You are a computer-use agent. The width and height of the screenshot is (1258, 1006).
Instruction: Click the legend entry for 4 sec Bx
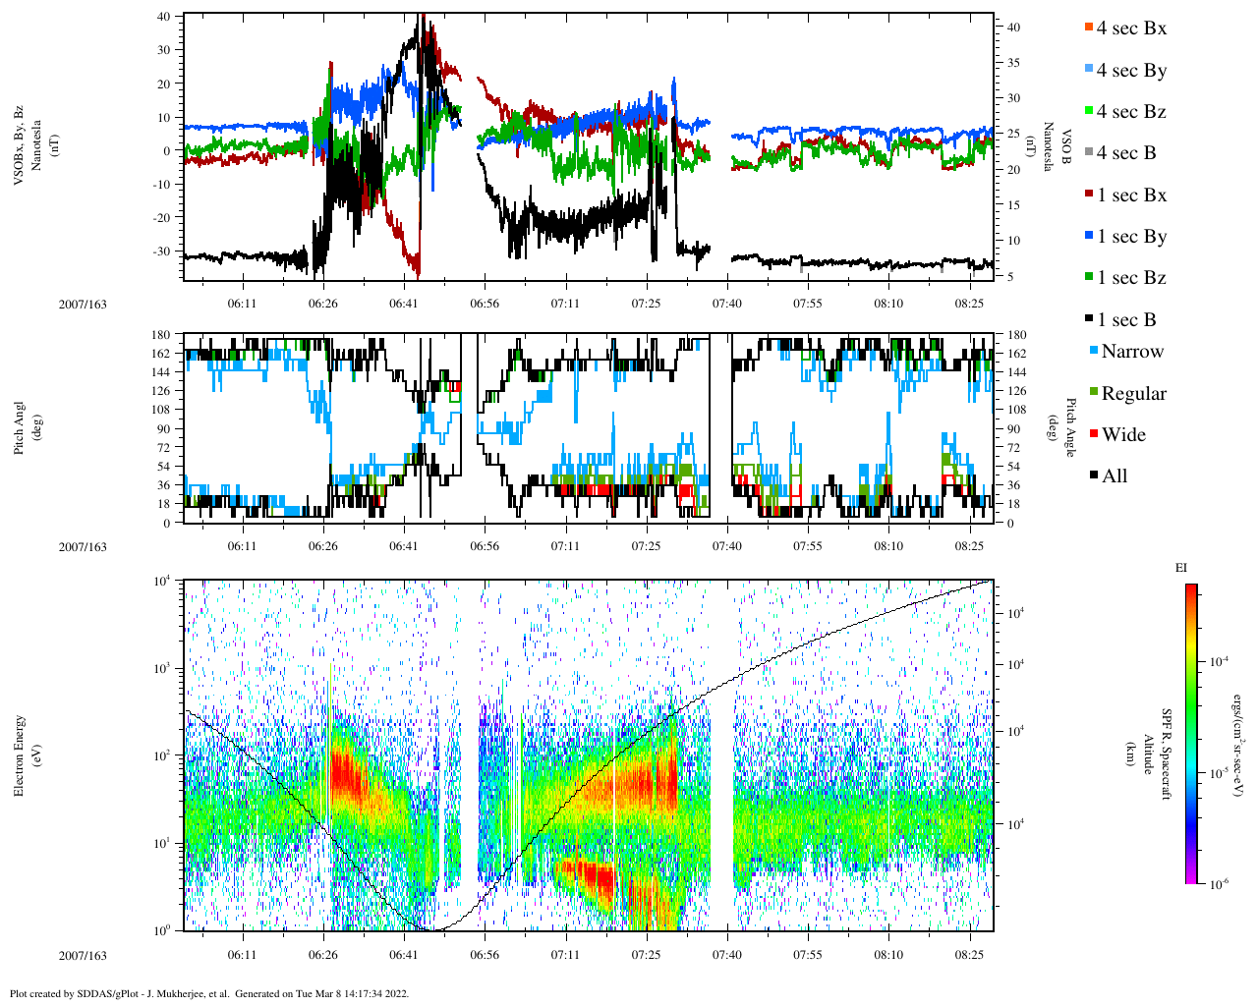pyautogui.click(x=1130, y=28)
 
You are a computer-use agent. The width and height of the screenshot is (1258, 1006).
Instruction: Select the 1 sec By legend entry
pyautogui.click(x=1130, y=237)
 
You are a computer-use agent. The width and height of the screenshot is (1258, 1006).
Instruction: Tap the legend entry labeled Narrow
pyautogui.click(x=1131, y=352)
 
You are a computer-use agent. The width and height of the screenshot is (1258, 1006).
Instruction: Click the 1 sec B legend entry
pyautogui.click(x=1126, y=320)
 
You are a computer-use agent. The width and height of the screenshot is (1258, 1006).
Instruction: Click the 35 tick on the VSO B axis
pyautogui.click(x=1013, y=63)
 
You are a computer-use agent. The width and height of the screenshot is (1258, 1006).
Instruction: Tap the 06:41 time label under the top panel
pyautogui.click(x=403, y=304)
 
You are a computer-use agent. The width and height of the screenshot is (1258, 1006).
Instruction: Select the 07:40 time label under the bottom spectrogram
pyautogui.click(x=727, y=955)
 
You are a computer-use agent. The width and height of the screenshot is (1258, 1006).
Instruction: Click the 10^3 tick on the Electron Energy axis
pyautogui.click(x=163, y=668)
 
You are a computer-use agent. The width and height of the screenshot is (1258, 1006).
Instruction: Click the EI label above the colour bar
pyautogui.click(x=1181, y=568)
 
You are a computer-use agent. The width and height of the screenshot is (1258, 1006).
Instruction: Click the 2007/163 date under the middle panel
pyautogui.click(x=83, y=547)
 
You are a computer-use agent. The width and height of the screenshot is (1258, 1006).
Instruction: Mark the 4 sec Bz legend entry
pyautogui.click(x=1130, y=112)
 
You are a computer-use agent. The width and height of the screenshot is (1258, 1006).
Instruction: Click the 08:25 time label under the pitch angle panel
pyautogui.click(x=970, y=547)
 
